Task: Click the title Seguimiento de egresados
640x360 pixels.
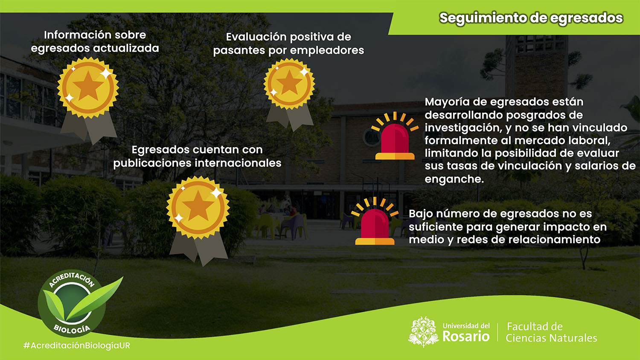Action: pos(531,18)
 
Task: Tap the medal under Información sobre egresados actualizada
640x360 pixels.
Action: pos(88,100)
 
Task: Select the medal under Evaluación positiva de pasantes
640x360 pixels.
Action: pos(289,94)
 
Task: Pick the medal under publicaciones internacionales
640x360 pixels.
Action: pos(198,221)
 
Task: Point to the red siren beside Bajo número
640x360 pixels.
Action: pos(375,221)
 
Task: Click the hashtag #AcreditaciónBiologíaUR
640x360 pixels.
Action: pos(76,345)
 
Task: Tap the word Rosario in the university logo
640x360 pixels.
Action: pos(466,336)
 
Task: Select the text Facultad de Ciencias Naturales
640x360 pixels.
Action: pos(551,332)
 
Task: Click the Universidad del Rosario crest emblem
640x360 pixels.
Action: pos(423,332)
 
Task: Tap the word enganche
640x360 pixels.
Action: pos(454,179)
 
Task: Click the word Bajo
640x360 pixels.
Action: pos(421,214)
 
